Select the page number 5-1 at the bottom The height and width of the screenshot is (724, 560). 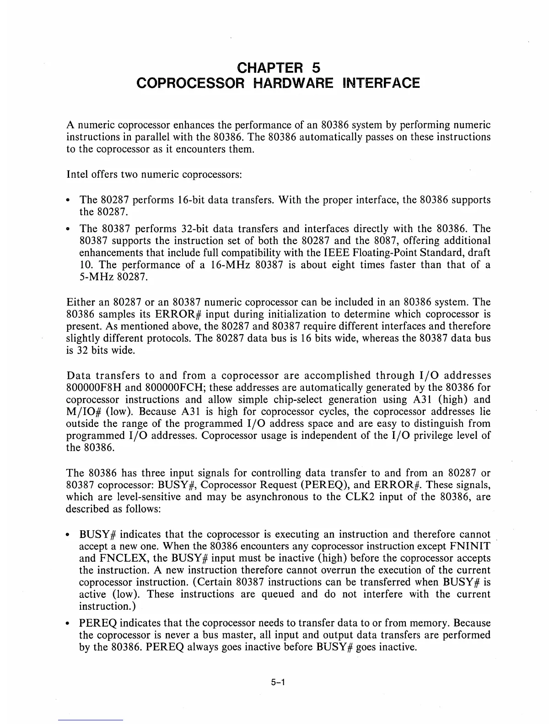[x=278, y=683]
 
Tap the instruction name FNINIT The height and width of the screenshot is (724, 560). [x=470, y=546]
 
